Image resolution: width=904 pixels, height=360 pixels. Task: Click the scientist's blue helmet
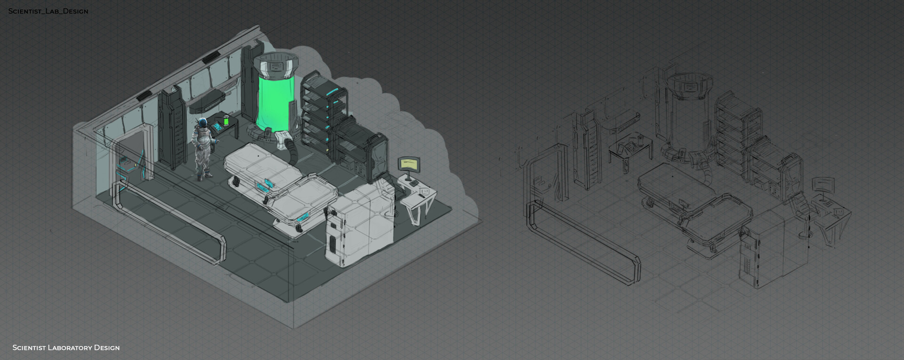(203, 123)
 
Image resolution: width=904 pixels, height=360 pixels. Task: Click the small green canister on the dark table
(226, 120)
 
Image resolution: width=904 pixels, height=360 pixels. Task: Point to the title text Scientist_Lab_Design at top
(48, 11)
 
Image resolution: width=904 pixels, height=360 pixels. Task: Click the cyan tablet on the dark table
(218, 126)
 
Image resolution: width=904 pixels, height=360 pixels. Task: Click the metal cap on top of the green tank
(275, 66)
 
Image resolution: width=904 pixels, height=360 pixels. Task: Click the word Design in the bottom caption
(107, 348)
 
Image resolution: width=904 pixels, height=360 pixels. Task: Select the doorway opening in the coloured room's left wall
(131, 155)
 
